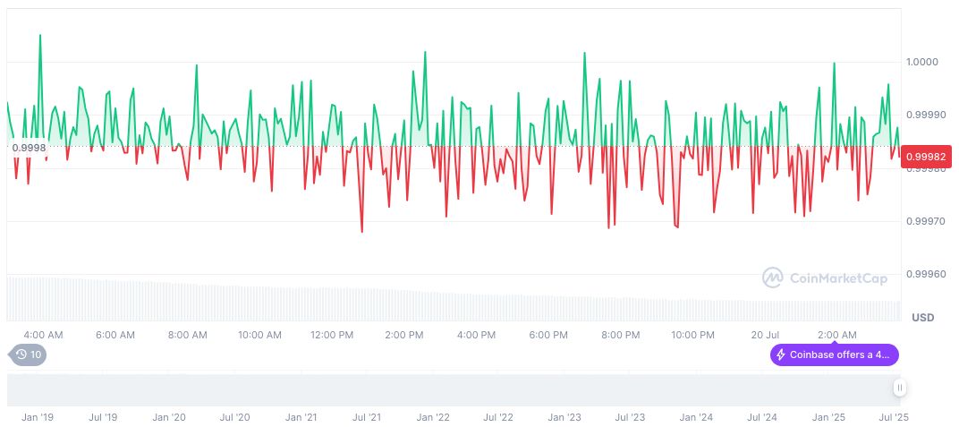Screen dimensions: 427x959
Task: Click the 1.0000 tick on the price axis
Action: tap(922, 62)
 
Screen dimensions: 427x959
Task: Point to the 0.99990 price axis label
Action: tap(925, 115)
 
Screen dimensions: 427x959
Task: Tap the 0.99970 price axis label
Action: tap(925, 220)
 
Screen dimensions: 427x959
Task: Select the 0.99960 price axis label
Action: tap(925, 274)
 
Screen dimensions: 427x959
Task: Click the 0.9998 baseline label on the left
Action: tap(30, 147)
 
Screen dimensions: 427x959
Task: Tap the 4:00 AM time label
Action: tap(43, 335)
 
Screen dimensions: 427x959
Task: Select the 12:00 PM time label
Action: tap(332, 335)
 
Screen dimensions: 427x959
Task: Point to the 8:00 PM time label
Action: tap(620, 335)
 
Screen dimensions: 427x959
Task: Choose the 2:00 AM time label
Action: tap(836, 335)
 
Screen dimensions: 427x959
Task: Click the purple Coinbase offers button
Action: tap(834, 354)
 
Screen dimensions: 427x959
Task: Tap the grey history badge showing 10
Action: tap(30, 354)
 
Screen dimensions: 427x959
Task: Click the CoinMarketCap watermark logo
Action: tap(825, 278)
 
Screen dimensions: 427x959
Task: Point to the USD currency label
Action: tap(922, 318)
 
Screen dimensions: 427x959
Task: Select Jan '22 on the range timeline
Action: tap(432, 417)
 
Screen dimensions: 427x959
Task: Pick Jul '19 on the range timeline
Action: tap(103, 417)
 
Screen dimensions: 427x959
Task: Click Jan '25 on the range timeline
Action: tap(828, 417)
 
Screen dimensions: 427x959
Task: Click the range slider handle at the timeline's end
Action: tap(899, 388)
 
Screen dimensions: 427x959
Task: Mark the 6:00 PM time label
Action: tap(548, 335)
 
